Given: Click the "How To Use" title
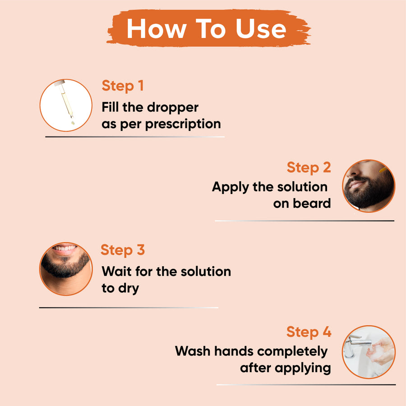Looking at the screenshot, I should pyautogui.click(x=206, y=29).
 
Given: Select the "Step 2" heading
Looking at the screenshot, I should pyautogui.click(x=309, y=167).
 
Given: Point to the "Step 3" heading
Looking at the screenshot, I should pyautogui.click(x=123, y=250).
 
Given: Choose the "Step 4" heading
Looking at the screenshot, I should pyautogui.click(x=309, y=332).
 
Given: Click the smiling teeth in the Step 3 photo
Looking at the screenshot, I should pyautogui.click(x=66, y=249).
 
